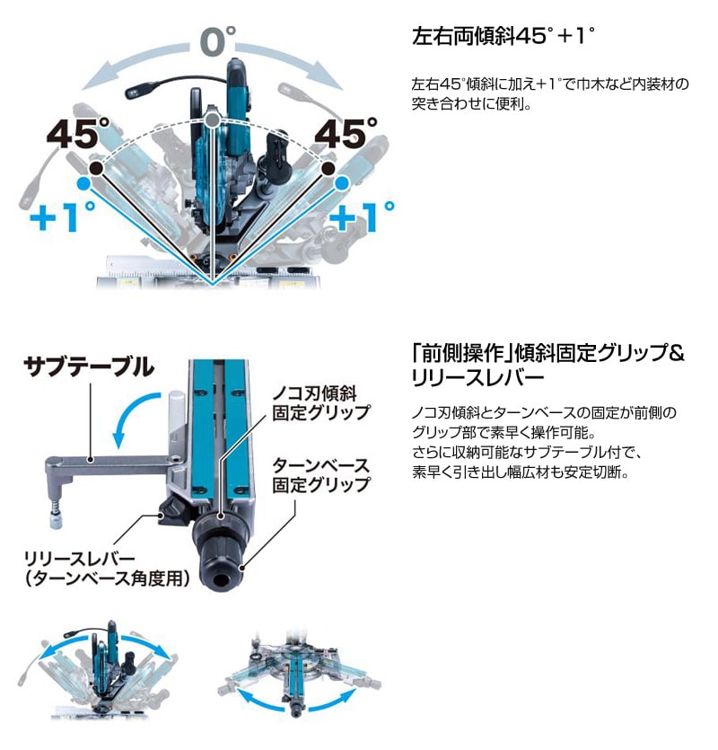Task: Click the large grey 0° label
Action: click(218, 40)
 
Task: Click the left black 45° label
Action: click(78, 134)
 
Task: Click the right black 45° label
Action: click(346, 134)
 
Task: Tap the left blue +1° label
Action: click(62, 216)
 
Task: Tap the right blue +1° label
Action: click(362, 216)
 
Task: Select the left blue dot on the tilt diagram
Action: click(83, 182)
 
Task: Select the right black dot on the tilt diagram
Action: click(328, 168)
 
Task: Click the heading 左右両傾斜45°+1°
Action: click(503, 36)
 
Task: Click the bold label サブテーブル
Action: click(89, 366)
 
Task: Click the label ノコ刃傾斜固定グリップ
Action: click(321, 403)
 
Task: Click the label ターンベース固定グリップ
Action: click(321, 475)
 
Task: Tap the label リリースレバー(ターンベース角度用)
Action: click(107, 569)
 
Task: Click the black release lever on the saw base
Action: click(176, 511)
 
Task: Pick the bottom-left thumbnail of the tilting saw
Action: click(97, 670)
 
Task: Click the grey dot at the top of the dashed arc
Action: click(212, 119)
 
